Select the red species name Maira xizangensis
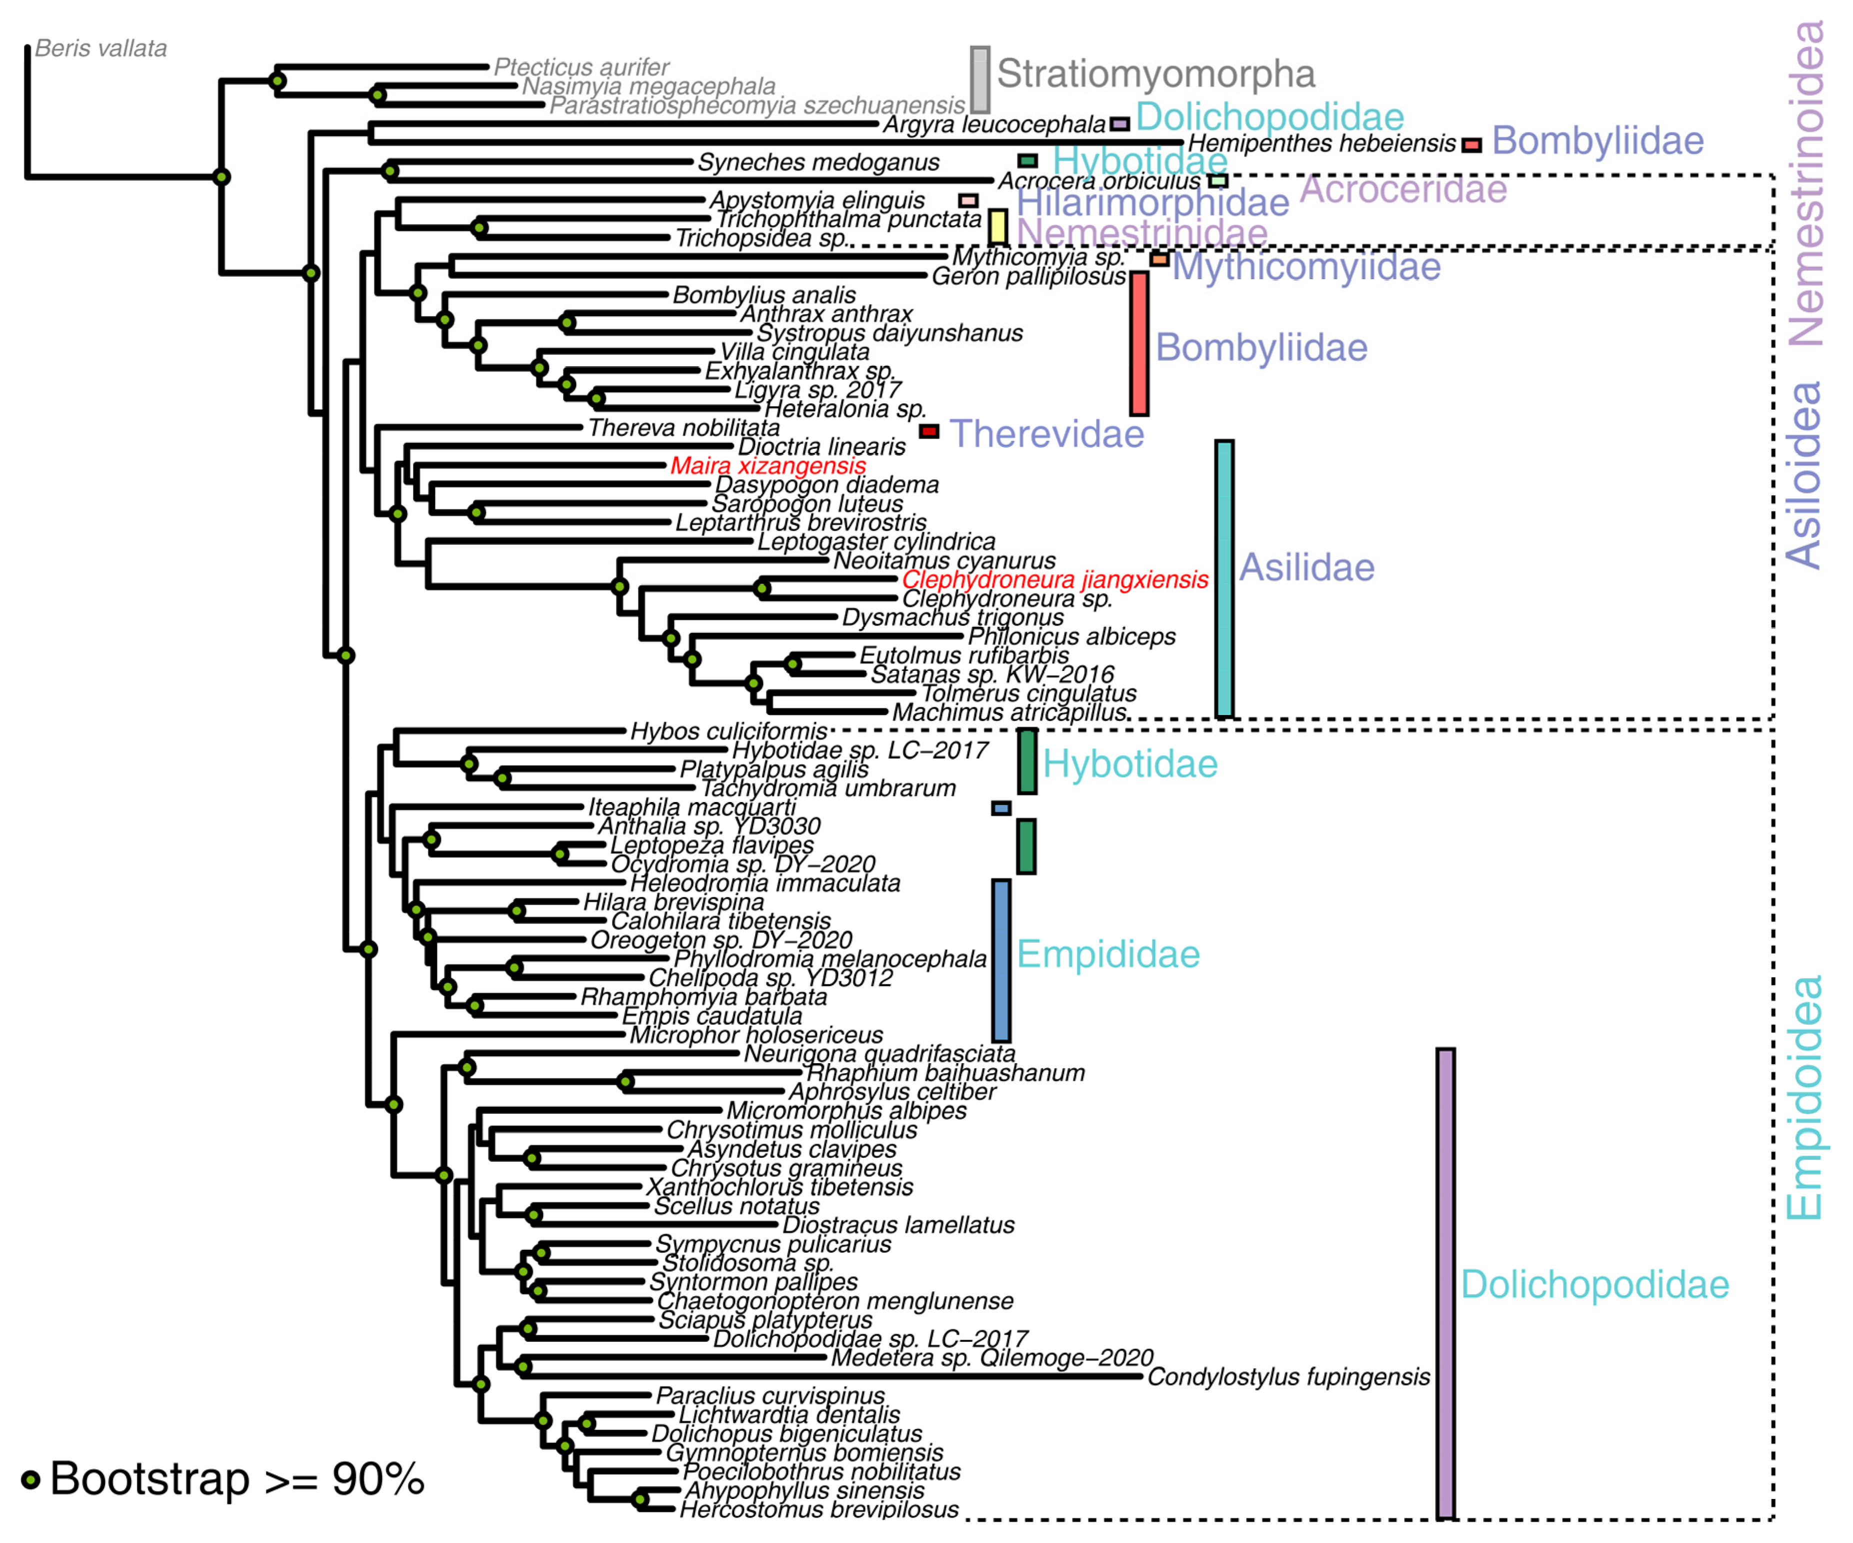click(x=767, y=466)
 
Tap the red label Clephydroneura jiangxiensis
click(x=1054, y=580)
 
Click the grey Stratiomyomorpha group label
click(x=1156, y=74)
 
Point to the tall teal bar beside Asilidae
click(x=1224, y=578)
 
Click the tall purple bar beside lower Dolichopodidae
click(x=1445, y=1284)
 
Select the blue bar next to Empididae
click(x=1000, y=961)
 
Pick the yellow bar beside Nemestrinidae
click(x=997, y=227)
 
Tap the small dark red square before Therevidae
click(x=928, y=432)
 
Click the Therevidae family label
click(x=1046, y=434)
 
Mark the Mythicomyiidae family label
click(x=1306, y=267)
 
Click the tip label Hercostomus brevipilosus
click(x=819, y=1509)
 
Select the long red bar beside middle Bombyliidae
click(x=1139, y=343)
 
